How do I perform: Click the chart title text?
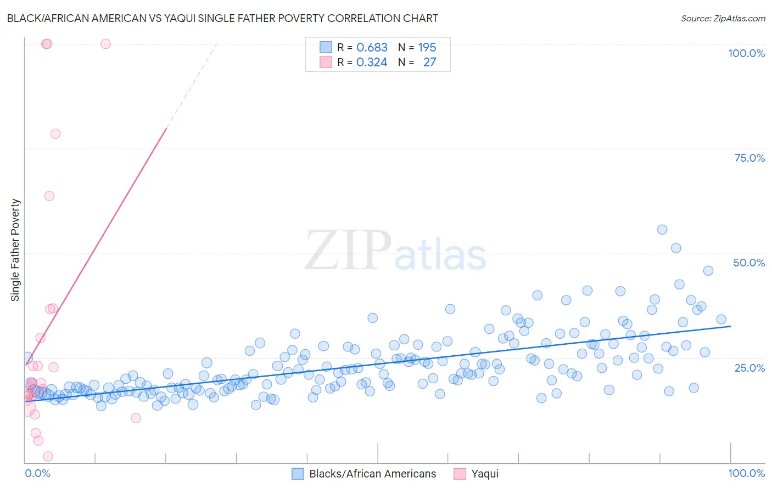[222, 18]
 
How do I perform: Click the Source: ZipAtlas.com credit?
[723, 18]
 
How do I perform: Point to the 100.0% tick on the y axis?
[746, 53]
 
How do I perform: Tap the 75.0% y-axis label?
[749, 158]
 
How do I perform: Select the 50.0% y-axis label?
[749, 263]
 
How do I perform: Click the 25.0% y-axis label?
[749, 367]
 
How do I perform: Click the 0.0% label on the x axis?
[37, 473]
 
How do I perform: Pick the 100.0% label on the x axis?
[746, 473]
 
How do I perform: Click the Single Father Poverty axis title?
[15, 250]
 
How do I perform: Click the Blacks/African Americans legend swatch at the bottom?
[298, 474]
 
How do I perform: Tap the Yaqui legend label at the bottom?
[485, 474]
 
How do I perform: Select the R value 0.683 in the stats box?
[372, 48]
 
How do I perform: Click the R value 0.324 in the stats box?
[372, 62]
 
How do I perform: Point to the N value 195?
[427, 48]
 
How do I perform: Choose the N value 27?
[429, 62]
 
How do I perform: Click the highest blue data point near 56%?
[662, 230]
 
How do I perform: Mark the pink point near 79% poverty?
[55, 134]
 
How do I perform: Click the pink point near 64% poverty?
[49, 196]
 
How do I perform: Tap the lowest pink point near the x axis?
[48, 456]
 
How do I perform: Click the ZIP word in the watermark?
[348, 251]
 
